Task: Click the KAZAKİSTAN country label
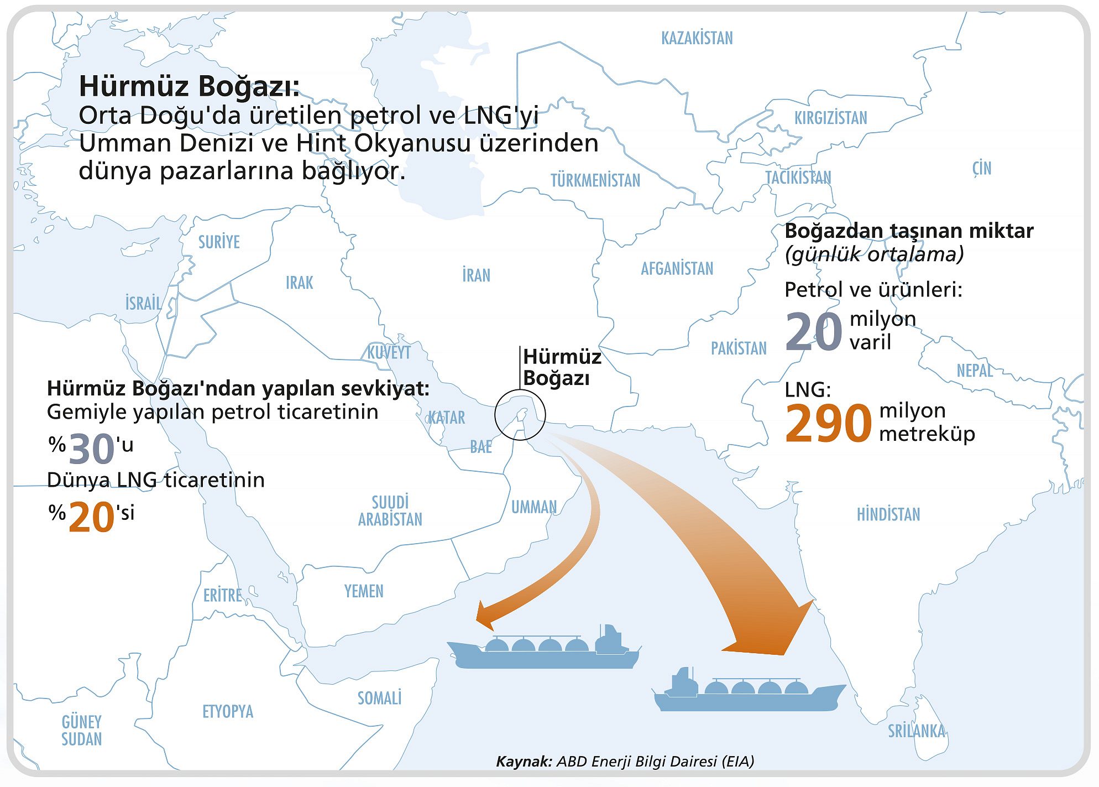[x=697, y=38]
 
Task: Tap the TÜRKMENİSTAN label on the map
[x=595, y=180]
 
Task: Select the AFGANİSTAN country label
[x=677, y=269]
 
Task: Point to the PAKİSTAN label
[x=739, y=348]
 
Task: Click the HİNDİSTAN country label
[x=888, y=514]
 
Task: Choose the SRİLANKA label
[x=917, y=731]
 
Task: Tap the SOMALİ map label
[x=379, y=698]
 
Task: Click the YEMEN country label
[x=364, y=591]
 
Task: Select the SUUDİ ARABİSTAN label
[x=390, y=510]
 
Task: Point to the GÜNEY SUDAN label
[x=82, y=730]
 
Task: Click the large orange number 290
[x=828, y=424]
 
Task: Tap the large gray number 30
[x=92, y=449]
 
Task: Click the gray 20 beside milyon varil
[x=813, y=332]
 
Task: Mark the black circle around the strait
[x=520, y=415]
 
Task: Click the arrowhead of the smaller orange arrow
[x=489, y=614]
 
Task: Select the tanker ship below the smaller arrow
[x=545, y=650]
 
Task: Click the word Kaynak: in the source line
[x=524, y=762]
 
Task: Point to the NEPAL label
[x=975, y=371]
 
